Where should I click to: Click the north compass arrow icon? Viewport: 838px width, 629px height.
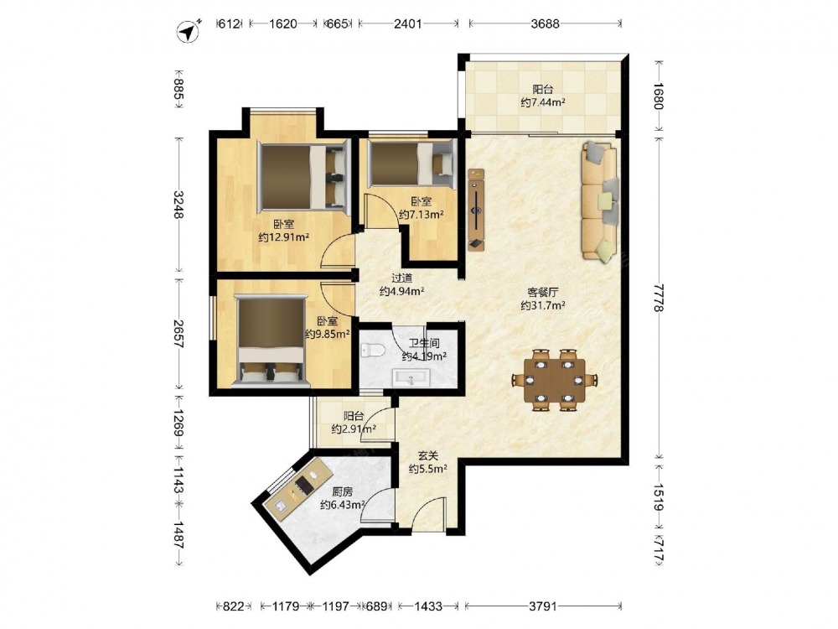coord(188,31)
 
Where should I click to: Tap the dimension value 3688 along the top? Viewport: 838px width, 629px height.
coord(546,23)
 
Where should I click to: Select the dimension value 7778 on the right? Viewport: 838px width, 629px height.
coord(658,298)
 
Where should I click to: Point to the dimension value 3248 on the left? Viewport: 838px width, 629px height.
coord(179,205)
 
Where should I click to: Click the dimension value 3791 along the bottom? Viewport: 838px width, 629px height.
coord(543,606)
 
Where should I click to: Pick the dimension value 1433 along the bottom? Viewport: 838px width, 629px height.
coord(428,606)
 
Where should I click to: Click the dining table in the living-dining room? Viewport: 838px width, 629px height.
coord(555,380)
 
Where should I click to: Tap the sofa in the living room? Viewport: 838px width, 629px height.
coord(600,201)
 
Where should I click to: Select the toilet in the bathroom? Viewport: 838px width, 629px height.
coord(373,351)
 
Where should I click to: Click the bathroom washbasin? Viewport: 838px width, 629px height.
coord(411,377)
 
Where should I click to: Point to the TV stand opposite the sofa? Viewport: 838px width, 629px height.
coord(476,210)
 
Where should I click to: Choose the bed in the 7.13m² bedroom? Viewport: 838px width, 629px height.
coord(411,164)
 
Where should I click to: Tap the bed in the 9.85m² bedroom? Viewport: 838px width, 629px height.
coord(272,340)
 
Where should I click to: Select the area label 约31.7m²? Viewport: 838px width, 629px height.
coord(543,305)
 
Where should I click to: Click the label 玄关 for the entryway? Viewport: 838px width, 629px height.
coord(427,455)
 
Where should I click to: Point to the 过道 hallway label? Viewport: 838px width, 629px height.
coord(402,278)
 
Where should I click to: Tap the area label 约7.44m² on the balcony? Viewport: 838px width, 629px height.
coord(543,102)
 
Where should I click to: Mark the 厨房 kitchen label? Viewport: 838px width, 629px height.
coord(342,491)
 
